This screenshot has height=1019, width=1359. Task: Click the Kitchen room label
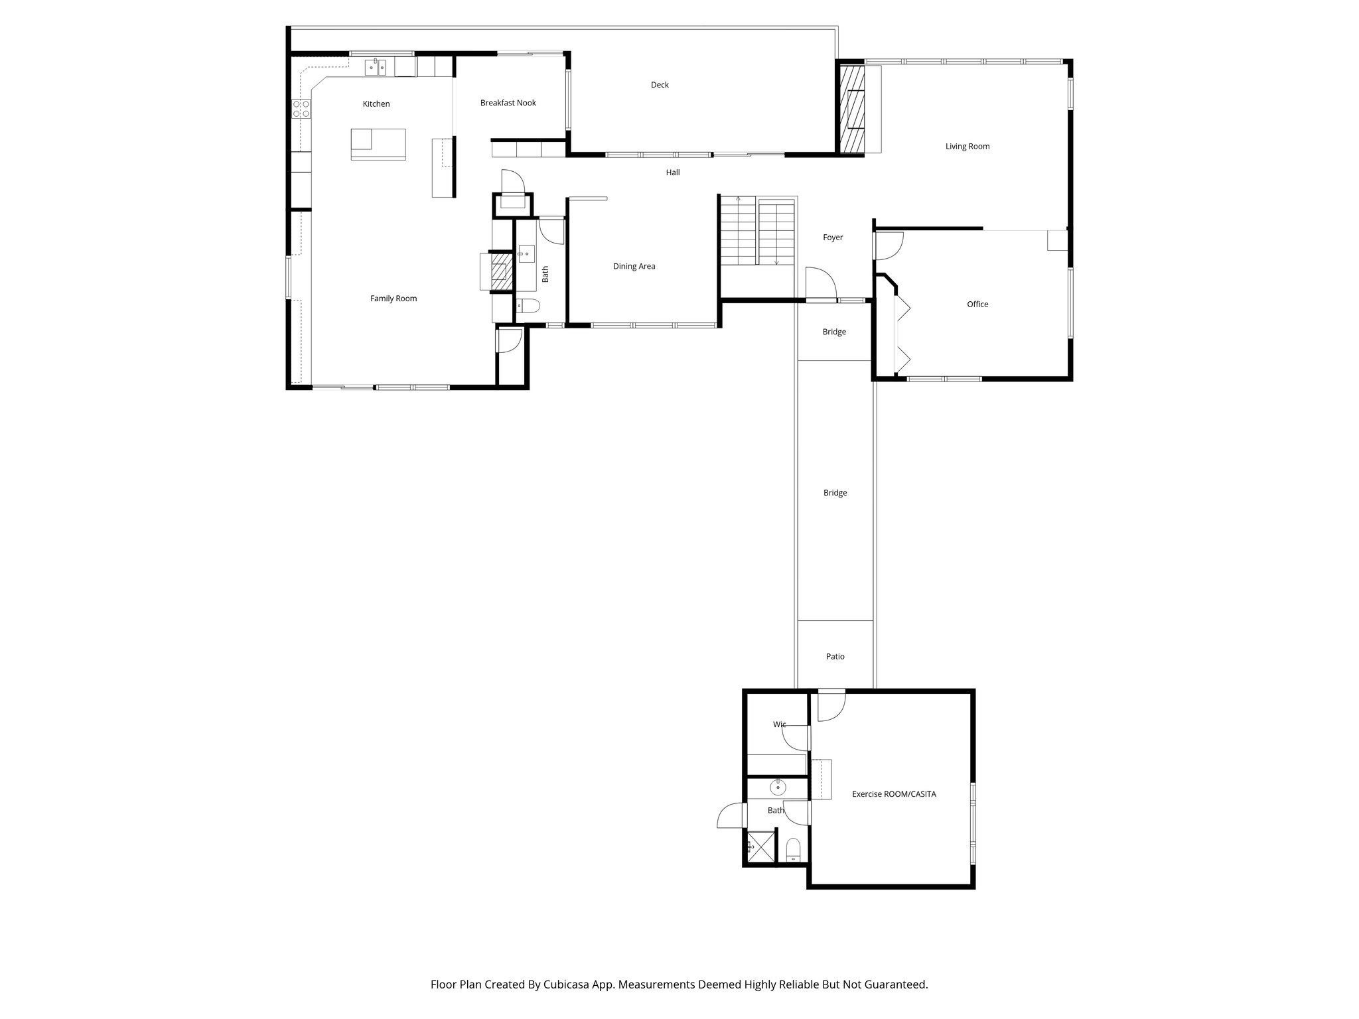pyautogui.click(x=376, y=104)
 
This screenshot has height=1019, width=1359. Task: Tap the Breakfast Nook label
pyautogui.click(x=508, y=103)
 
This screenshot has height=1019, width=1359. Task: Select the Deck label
pyautogui.click(x=660, y=85)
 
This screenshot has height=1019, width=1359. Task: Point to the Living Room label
pyautogui.click(x=967, y=147)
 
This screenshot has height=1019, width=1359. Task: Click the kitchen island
pyautogui.click(x=378, y=144)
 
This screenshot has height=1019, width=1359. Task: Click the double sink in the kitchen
pyautogui.click(x=376, y=66)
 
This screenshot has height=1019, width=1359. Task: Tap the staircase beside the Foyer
pyautogui.click(x=756, y=231)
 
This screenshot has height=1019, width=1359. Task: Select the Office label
pyautogui.click(x=977, y=305)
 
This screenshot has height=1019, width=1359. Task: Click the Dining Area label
pyautogui.click(x=634, y=267)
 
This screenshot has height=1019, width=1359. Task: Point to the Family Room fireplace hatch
pyautogui.click(x=501, y=272)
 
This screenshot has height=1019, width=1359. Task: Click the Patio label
pyautogui.click(x=835, y=657)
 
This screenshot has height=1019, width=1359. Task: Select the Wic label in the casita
pyautogui.click(x=779, y=724)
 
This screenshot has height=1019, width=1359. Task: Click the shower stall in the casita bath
pyautogui.click(x=761, y=847)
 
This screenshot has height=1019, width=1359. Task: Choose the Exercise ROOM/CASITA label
pyautogui.click(x=894, y=794)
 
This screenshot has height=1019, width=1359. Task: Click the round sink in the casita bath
pyautogui.click(x=778, y=788)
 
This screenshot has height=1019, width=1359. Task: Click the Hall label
pyautogui.click(x=673, y=172)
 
